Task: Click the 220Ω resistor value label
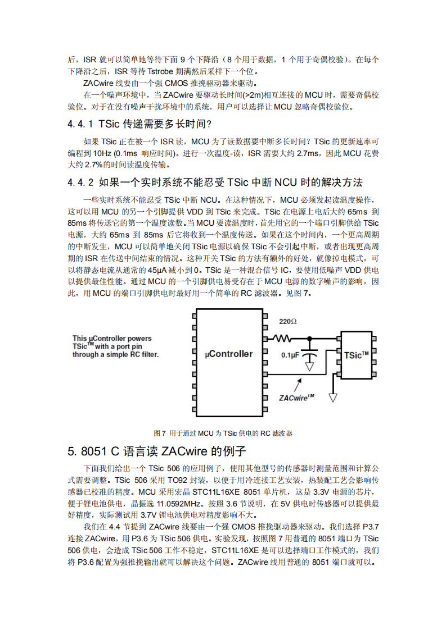[288, 322]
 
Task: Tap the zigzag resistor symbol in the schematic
[282, 339]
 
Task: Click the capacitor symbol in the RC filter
[309, 355]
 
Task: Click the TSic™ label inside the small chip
[357, 355]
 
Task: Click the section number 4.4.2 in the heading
[81, 182]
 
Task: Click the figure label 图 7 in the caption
[160, 433]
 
